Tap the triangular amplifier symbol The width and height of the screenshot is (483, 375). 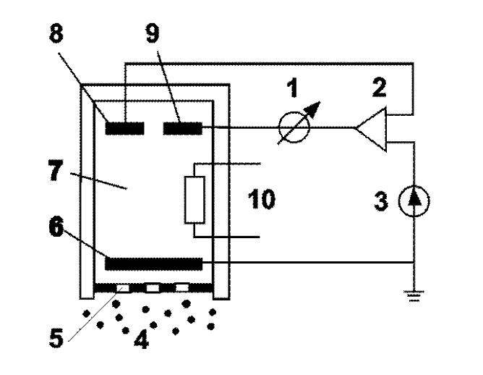coord(372,129)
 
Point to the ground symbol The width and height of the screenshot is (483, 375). coord(413,293)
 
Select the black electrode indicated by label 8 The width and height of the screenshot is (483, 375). coord(124,128)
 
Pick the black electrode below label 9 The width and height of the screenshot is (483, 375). coord(181,128)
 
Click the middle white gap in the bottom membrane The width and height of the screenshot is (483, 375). coord(152,288)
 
